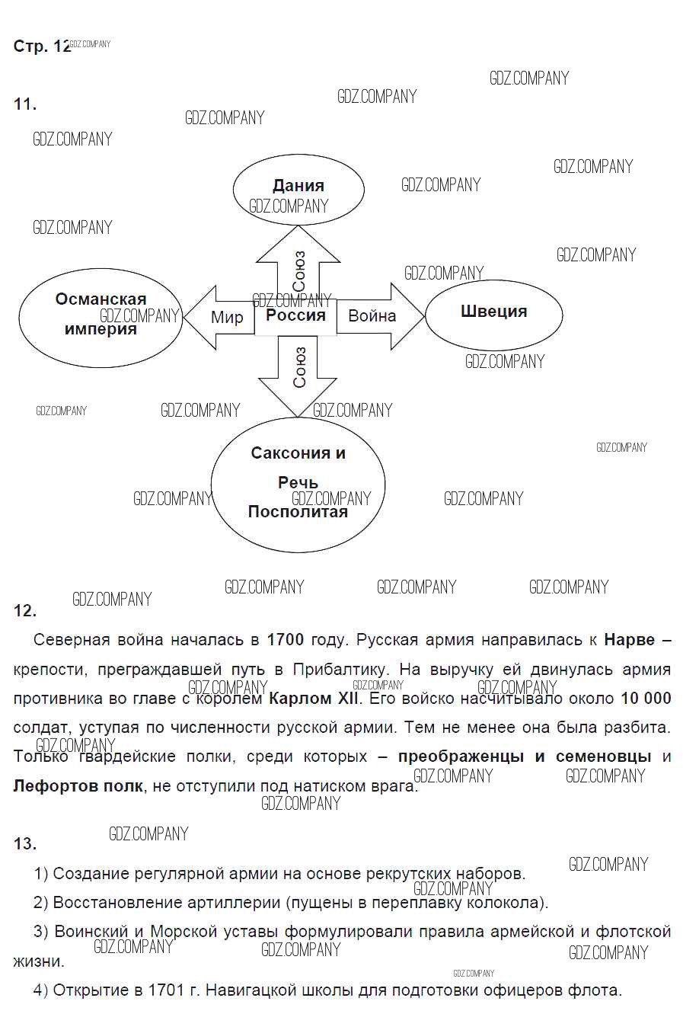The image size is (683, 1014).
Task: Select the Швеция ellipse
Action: click(x=493, y=314)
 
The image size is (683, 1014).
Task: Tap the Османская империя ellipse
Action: click(x=100, y=315)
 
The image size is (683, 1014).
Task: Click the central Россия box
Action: click(x=295, y=316)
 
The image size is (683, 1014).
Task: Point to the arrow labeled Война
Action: click(x=381, y=316)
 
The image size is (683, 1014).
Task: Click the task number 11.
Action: click(x=25, y=104)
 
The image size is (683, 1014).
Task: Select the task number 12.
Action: click(x=25, y=610)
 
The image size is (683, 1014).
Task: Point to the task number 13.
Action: click(x=25, y=843)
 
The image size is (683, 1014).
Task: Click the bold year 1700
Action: click(x=286, y=640)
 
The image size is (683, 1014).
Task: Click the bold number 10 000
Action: click(x=646, y=699)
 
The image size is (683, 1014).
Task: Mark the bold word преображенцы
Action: click(x=461, y=757)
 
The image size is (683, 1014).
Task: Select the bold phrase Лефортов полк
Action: click(x=78, y=785)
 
